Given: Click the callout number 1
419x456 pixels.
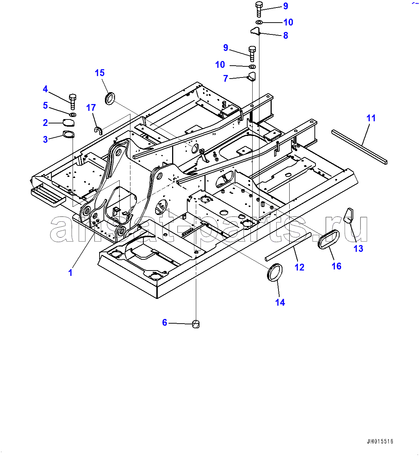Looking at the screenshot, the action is point(70,273).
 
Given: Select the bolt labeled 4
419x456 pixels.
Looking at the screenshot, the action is point(73,102).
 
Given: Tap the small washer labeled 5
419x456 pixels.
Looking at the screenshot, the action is point(73,115).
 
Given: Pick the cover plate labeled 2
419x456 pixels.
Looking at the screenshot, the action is point(68,123).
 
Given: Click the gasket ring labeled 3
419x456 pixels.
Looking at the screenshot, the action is point(68,134).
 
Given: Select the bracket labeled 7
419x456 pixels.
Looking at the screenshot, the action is point(252,77).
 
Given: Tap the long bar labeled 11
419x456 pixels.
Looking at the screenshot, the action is point(359,147).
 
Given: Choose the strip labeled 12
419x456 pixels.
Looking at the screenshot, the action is point(288,246).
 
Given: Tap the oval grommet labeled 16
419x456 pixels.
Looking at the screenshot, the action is point(328,239).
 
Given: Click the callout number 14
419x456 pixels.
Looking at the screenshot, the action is point(280,302).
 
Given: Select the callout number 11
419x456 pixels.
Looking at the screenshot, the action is point(371,118).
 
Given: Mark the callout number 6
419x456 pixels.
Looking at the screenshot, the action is point(165,323).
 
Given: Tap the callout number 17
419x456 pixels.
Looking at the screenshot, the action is point(91,108).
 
